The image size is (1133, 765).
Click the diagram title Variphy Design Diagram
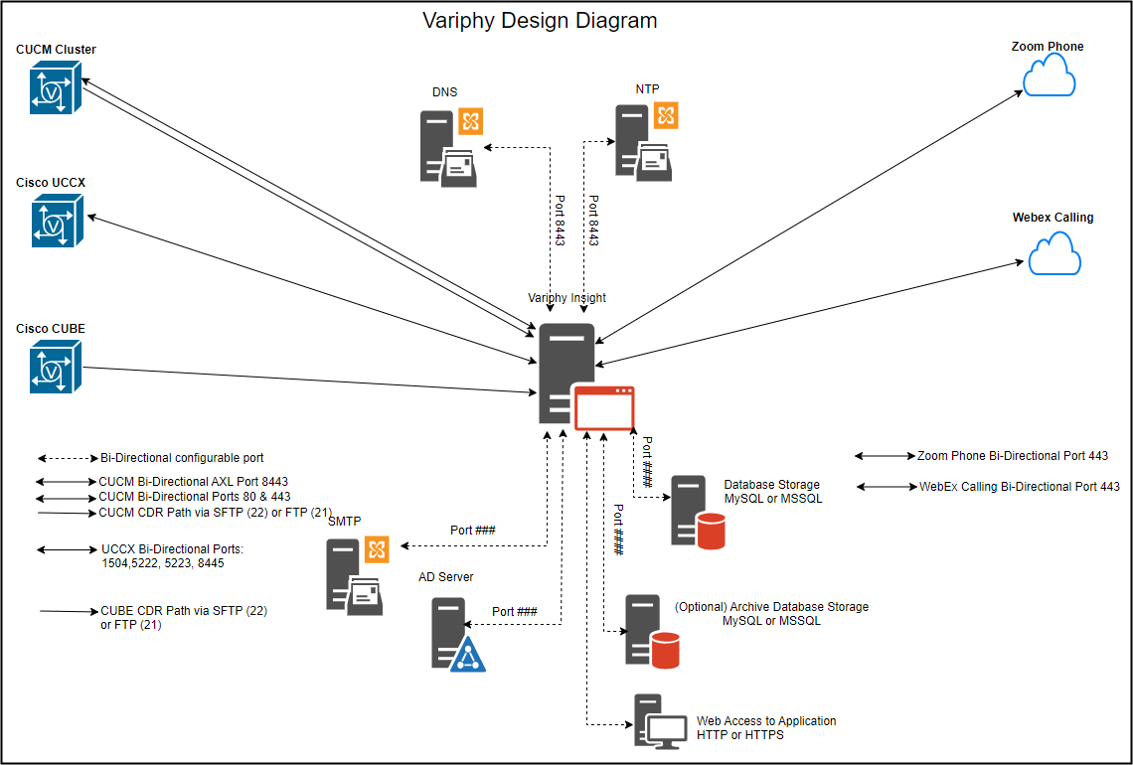coord(540,20)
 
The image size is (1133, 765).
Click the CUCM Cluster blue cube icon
coord(55,87)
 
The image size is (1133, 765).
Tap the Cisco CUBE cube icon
coord(55,367)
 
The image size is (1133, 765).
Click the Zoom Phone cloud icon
coord(1049,76)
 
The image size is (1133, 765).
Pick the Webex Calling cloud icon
coord(1053,253)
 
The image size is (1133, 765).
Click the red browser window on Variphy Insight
coord(604,407)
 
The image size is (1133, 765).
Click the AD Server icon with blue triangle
coord(458,635)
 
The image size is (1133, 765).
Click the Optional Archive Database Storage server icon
coord(651,631)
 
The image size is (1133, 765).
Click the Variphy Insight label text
coord(566,297)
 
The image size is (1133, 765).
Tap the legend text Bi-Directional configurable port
coord(182,458)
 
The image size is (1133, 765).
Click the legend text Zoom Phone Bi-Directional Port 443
coord(1012,456)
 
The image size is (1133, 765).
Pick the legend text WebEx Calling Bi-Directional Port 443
coord(1019,487)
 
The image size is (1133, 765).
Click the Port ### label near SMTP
coord(472,531)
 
